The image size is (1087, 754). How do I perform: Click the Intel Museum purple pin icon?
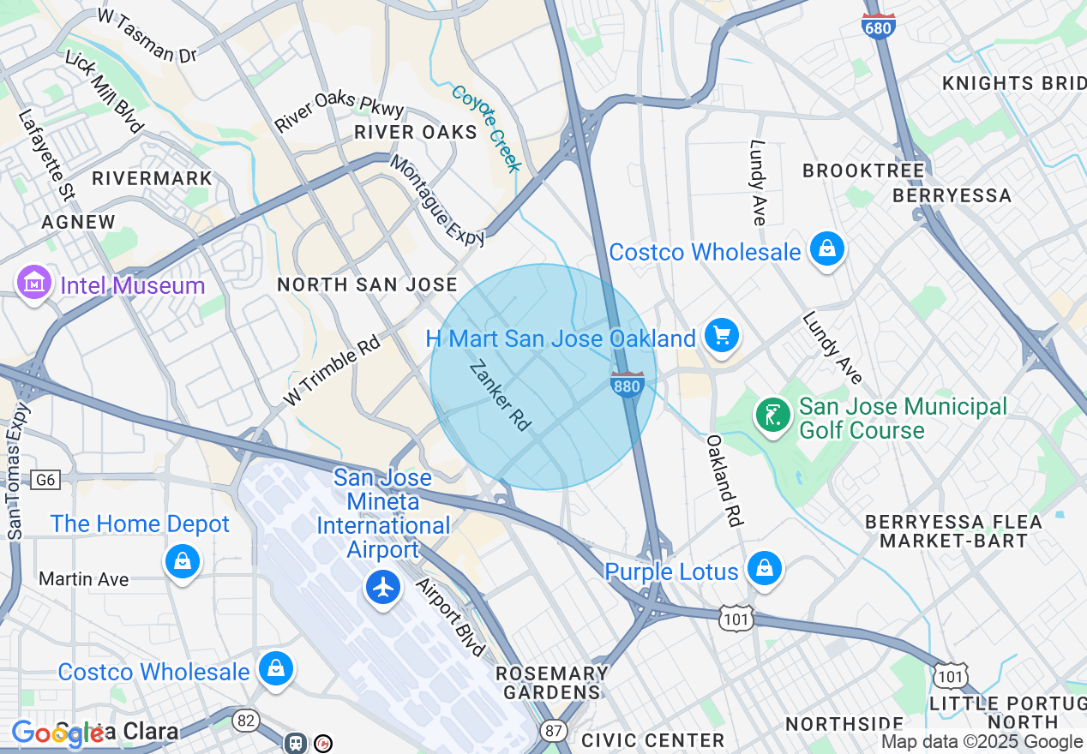[x=33, y=283]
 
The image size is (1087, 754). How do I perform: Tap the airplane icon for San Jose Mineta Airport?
[x=383, y=587]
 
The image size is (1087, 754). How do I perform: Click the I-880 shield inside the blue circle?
[x=627, y=385]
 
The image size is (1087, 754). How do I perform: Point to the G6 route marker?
[x=45, y=480]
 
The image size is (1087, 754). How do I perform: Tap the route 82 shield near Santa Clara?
[x=246, y=721]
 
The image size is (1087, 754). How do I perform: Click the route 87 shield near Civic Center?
[x=553, y=730]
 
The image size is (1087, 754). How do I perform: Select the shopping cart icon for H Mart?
[x=721, y=336]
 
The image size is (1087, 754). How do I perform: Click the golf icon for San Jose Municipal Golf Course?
[x=772, y=415]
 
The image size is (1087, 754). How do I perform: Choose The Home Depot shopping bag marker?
[x=182, y=562]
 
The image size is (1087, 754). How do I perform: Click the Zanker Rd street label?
[x=501, y=395]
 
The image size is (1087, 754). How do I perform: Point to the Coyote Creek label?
[x=486, y=129]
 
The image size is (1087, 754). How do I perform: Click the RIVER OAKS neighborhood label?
[x=416, y=132]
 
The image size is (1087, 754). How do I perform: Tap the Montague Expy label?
[x=437, y=200]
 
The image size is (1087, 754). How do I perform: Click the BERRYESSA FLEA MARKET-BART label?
[x=953, y=531]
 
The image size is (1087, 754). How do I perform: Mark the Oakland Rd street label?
[x=724, y=480]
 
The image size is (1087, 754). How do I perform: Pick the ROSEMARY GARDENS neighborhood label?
[x=552, y=683]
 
